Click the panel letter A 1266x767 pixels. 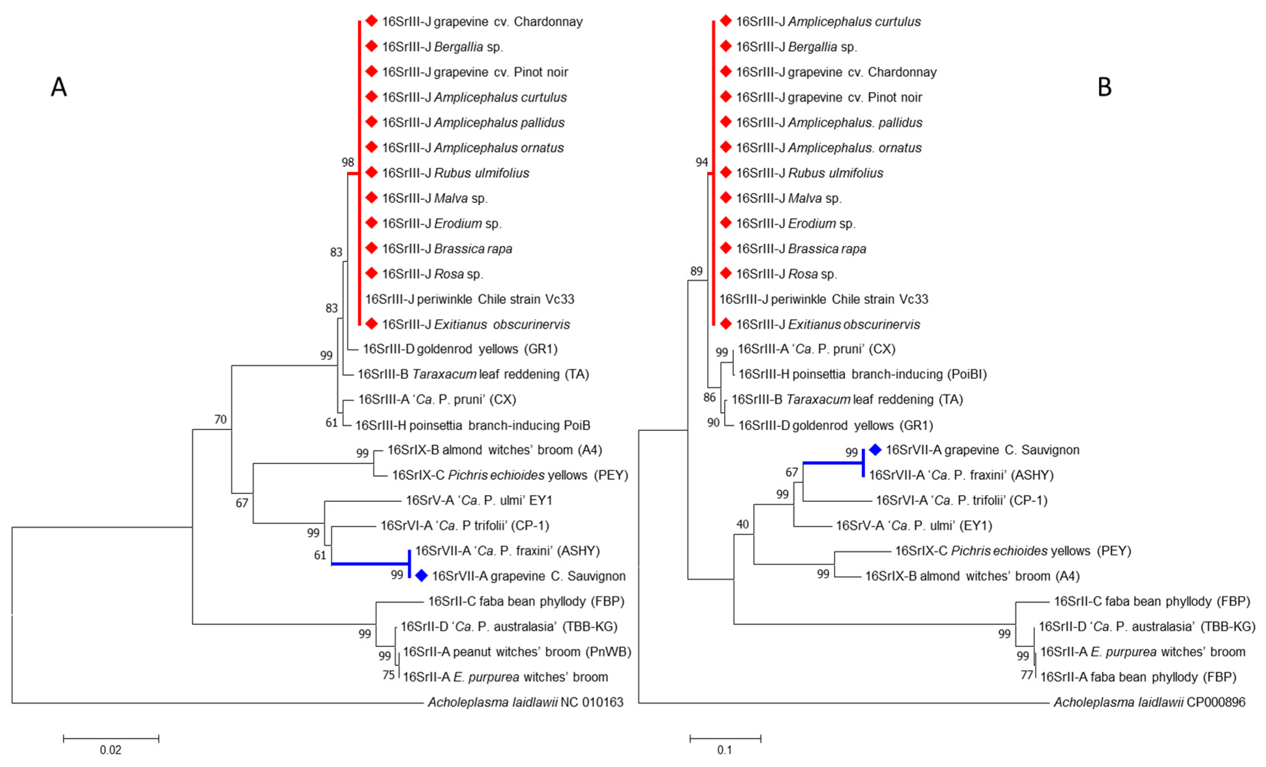pos(59,87)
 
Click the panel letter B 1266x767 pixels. pos(1104,87)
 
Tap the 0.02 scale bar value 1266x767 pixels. pos(111,750)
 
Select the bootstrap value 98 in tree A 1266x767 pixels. pos(348,162)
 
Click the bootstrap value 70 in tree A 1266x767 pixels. pos(220,420)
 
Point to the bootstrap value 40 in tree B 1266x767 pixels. pos(743,524)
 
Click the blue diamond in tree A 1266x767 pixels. pos(421,576)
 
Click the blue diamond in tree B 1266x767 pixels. pos(875,450)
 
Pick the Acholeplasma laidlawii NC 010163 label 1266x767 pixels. pos(526,702)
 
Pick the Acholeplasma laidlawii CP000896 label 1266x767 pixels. pos(1149,702)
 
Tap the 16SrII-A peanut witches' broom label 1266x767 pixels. pos(517,652)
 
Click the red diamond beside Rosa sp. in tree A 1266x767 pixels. pos(371,273)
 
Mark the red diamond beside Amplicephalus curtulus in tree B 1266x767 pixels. pos(725,21)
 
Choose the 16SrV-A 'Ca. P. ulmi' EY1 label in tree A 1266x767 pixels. pos(479,500)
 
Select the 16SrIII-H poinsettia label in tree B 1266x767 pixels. pos(863,374)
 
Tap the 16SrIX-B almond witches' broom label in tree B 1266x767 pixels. pos(972,576)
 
